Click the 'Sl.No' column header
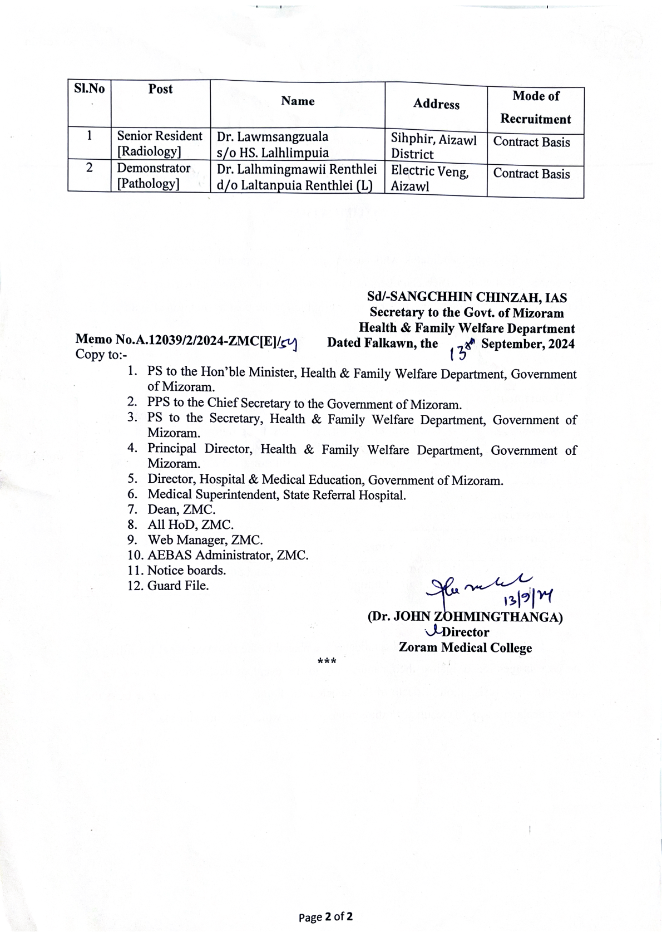point(89,89)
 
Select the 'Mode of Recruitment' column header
point(535,107)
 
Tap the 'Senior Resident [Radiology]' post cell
point(159,144)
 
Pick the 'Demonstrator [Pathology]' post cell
point(154,176)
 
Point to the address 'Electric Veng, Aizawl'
point(429,179)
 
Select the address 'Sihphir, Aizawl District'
point(433,146)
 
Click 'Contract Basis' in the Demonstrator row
point(531,174)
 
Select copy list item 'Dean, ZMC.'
point(181,509)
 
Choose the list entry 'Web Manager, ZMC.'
point(205,540)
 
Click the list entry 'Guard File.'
point(178,586)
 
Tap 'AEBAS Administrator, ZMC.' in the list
point(228,555)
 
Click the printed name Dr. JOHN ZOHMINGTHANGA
point(465,617)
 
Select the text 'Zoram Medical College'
point(465,648)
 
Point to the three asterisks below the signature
point(327,662)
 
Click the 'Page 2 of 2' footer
point(325,917)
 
